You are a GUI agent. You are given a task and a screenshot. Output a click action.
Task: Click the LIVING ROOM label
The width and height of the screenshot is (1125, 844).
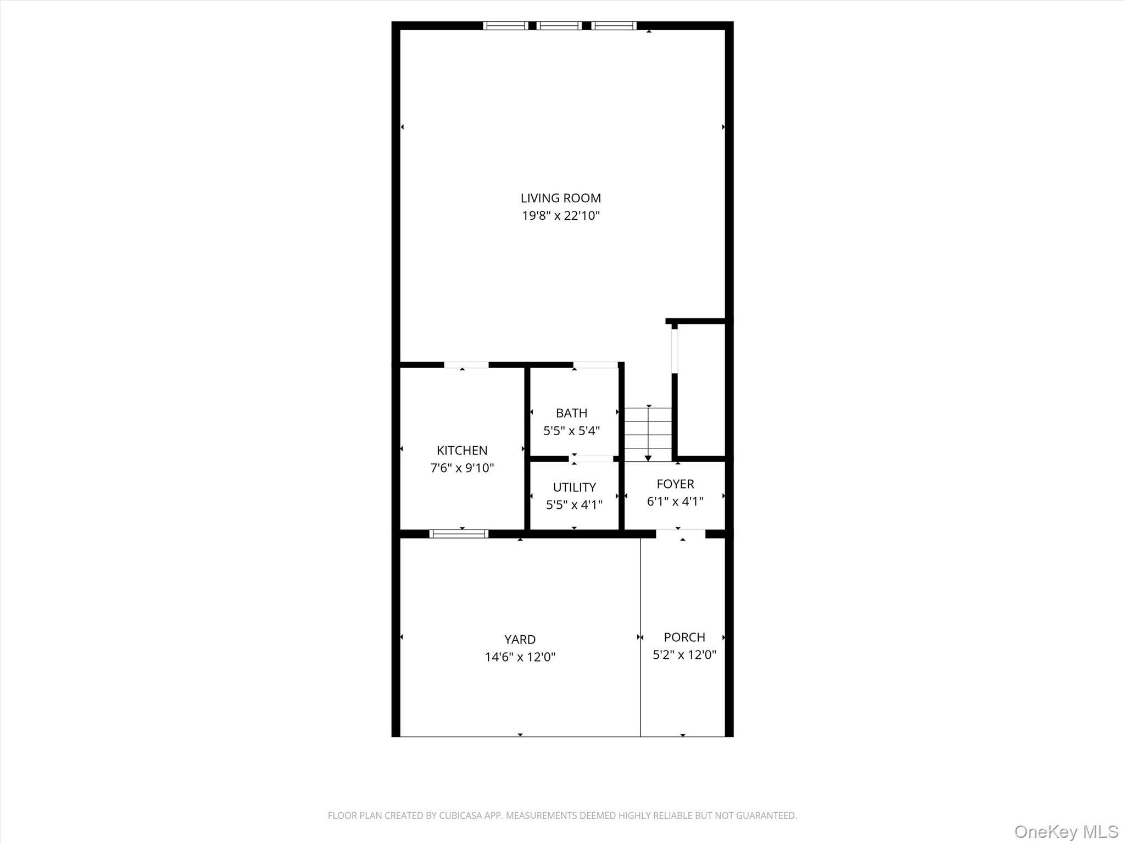(x=560, y=198)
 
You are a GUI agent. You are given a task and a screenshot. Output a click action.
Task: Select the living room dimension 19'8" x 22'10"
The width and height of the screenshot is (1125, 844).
(x=560, y=215)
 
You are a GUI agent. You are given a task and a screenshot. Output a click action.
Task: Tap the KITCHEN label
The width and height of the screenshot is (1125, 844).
(x=461, y=451)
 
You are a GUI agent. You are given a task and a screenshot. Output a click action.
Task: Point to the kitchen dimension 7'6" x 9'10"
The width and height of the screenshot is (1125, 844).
(x=461, y=468)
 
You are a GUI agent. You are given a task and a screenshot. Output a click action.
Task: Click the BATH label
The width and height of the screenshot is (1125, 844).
(x=571, y=413)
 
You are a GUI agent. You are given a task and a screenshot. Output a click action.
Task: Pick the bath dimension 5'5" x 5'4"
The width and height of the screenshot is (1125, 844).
(x=571, y=431)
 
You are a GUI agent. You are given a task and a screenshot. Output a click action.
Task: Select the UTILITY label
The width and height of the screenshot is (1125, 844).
(x=574, y=487)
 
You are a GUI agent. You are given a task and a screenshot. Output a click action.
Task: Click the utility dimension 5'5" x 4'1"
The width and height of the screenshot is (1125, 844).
(x=574, y=505)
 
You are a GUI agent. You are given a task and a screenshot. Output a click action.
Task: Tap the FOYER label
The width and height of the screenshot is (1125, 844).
(x=675, y=484)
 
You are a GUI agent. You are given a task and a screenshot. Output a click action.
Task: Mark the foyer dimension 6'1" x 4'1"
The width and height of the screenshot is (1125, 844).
(x=675, y=502)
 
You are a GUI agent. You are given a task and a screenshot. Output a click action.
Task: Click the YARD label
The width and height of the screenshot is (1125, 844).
(x=520, y=640)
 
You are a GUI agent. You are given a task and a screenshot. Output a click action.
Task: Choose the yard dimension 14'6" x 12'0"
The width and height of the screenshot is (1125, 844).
(x=520, y=657)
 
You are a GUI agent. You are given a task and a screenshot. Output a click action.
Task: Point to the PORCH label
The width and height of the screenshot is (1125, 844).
(x=684, y=637)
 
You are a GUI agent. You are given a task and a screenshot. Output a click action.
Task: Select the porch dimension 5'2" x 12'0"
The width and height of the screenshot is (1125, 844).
(x=684, y=655)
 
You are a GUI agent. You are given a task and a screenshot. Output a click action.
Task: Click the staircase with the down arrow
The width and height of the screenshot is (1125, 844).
(x=648, y=434)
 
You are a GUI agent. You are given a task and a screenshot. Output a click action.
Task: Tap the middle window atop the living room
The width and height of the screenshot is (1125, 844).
(x=559, y=25)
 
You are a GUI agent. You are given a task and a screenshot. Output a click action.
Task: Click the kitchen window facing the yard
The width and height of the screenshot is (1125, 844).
(x=459, y=534)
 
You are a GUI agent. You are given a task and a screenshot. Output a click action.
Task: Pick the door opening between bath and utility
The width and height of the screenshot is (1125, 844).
(x=591, y=459)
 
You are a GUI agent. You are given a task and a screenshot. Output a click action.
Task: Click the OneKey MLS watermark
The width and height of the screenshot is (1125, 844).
(x=1066, y=831)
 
